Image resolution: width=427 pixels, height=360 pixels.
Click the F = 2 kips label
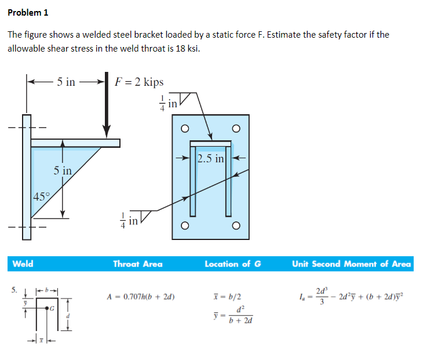[x=139, y=82]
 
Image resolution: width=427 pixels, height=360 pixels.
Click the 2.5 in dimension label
[x=211, y=159]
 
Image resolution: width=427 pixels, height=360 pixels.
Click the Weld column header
[x=23, y=264]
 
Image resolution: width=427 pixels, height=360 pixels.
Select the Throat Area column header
[x=138, y=264]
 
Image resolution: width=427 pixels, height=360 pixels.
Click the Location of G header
[x=232, y=264]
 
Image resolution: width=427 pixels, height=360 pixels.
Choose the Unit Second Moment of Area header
[x=351, y=264]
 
